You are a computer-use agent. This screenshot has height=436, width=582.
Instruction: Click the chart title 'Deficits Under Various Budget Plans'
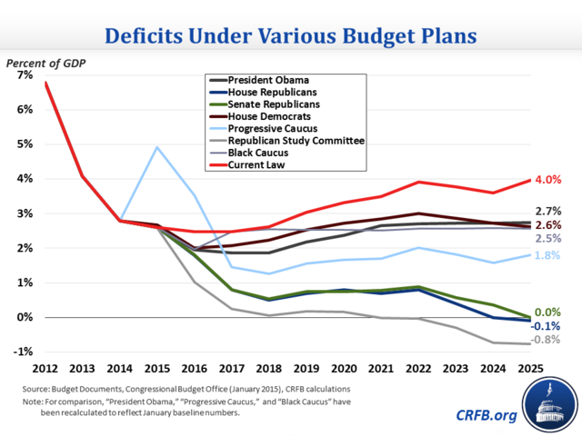click(x=290, y=36)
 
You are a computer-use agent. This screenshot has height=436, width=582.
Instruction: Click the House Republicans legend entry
click(x=273, y=92)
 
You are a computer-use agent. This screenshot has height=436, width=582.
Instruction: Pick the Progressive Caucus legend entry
click(x=274, y=129)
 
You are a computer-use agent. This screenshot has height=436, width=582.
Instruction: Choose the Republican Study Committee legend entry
click(x=296, y=142)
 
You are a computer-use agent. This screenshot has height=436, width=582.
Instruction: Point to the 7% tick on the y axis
click(x=21, y=75)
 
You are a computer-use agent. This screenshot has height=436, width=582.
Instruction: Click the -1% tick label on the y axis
click(x=19, y=352)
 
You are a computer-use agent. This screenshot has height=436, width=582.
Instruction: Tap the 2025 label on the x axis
click(x=531, y=370)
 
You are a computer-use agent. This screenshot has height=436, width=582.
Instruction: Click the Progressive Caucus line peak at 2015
click(x=157, y=147)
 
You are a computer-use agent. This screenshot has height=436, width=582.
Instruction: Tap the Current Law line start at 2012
click(x=45, y=83)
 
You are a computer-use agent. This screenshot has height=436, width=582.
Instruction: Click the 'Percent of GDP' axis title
click(x=45, y=63)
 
